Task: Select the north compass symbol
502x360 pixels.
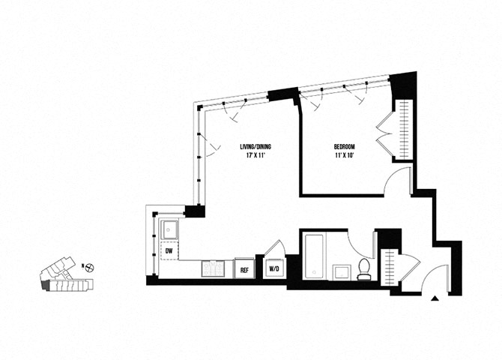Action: (89, 266)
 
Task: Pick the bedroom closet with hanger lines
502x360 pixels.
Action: (404, 128)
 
